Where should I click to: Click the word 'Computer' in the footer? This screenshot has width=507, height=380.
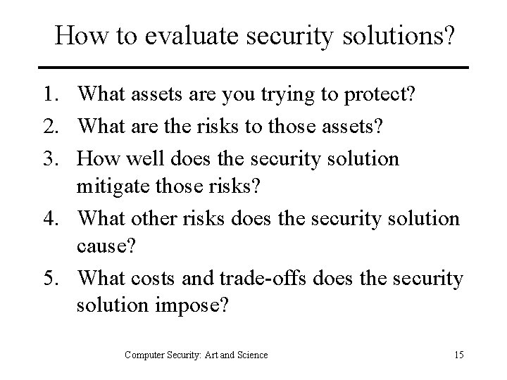point(144,355)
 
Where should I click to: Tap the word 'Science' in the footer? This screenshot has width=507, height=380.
point(251,355)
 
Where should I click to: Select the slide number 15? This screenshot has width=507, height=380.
point(458,355)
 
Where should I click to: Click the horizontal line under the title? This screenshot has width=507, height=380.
point(254,68)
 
